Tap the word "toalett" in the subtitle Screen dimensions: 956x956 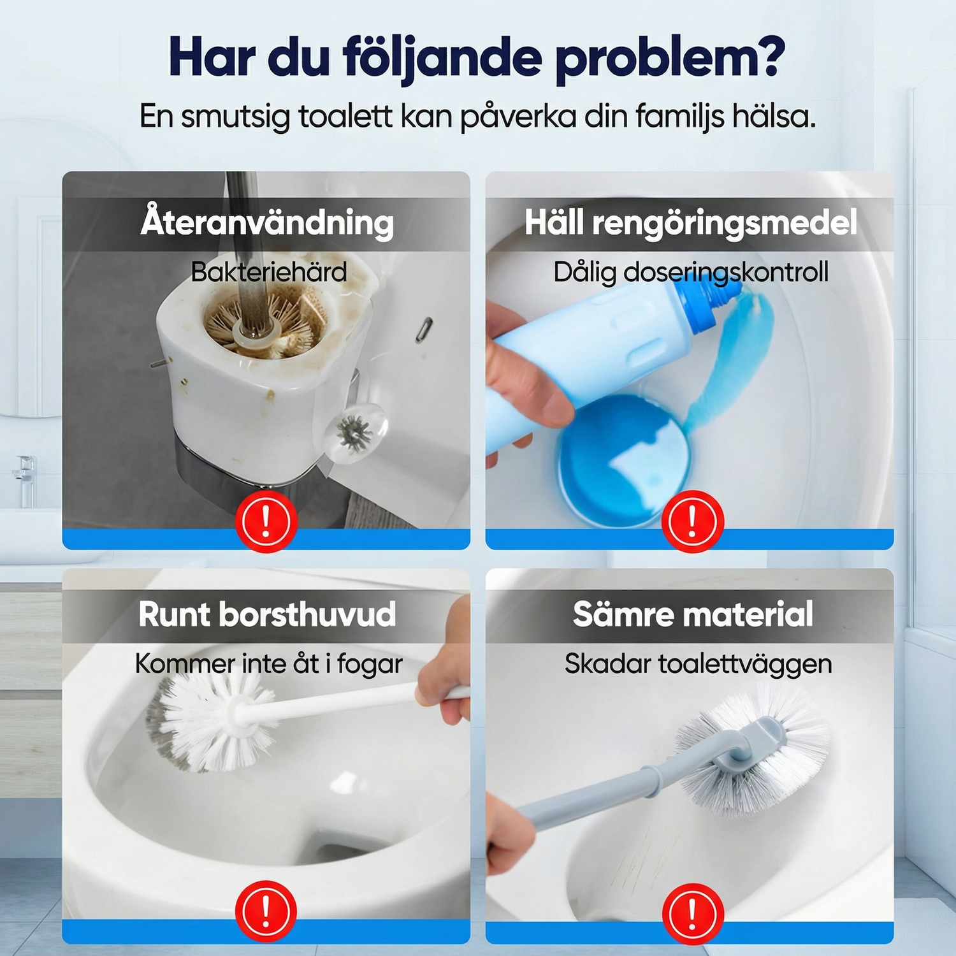click(345, 116)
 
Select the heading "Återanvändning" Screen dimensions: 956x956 click(267, 222)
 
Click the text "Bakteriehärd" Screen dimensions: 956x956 click(269, 272)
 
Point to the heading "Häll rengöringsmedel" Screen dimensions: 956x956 click(691, 222)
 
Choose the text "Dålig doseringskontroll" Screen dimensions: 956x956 click(691, 272)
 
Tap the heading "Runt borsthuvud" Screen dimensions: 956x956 click(267, 614)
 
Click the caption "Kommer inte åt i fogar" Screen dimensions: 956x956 click(269, 663)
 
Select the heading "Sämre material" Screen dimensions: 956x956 click(693, 614)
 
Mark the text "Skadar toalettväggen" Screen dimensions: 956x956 click(699, 663)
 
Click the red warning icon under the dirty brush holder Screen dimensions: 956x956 click(266, 521)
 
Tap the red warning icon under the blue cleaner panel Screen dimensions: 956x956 click(693, 521)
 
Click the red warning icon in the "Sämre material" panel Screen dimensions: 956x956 click(693, 914)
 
